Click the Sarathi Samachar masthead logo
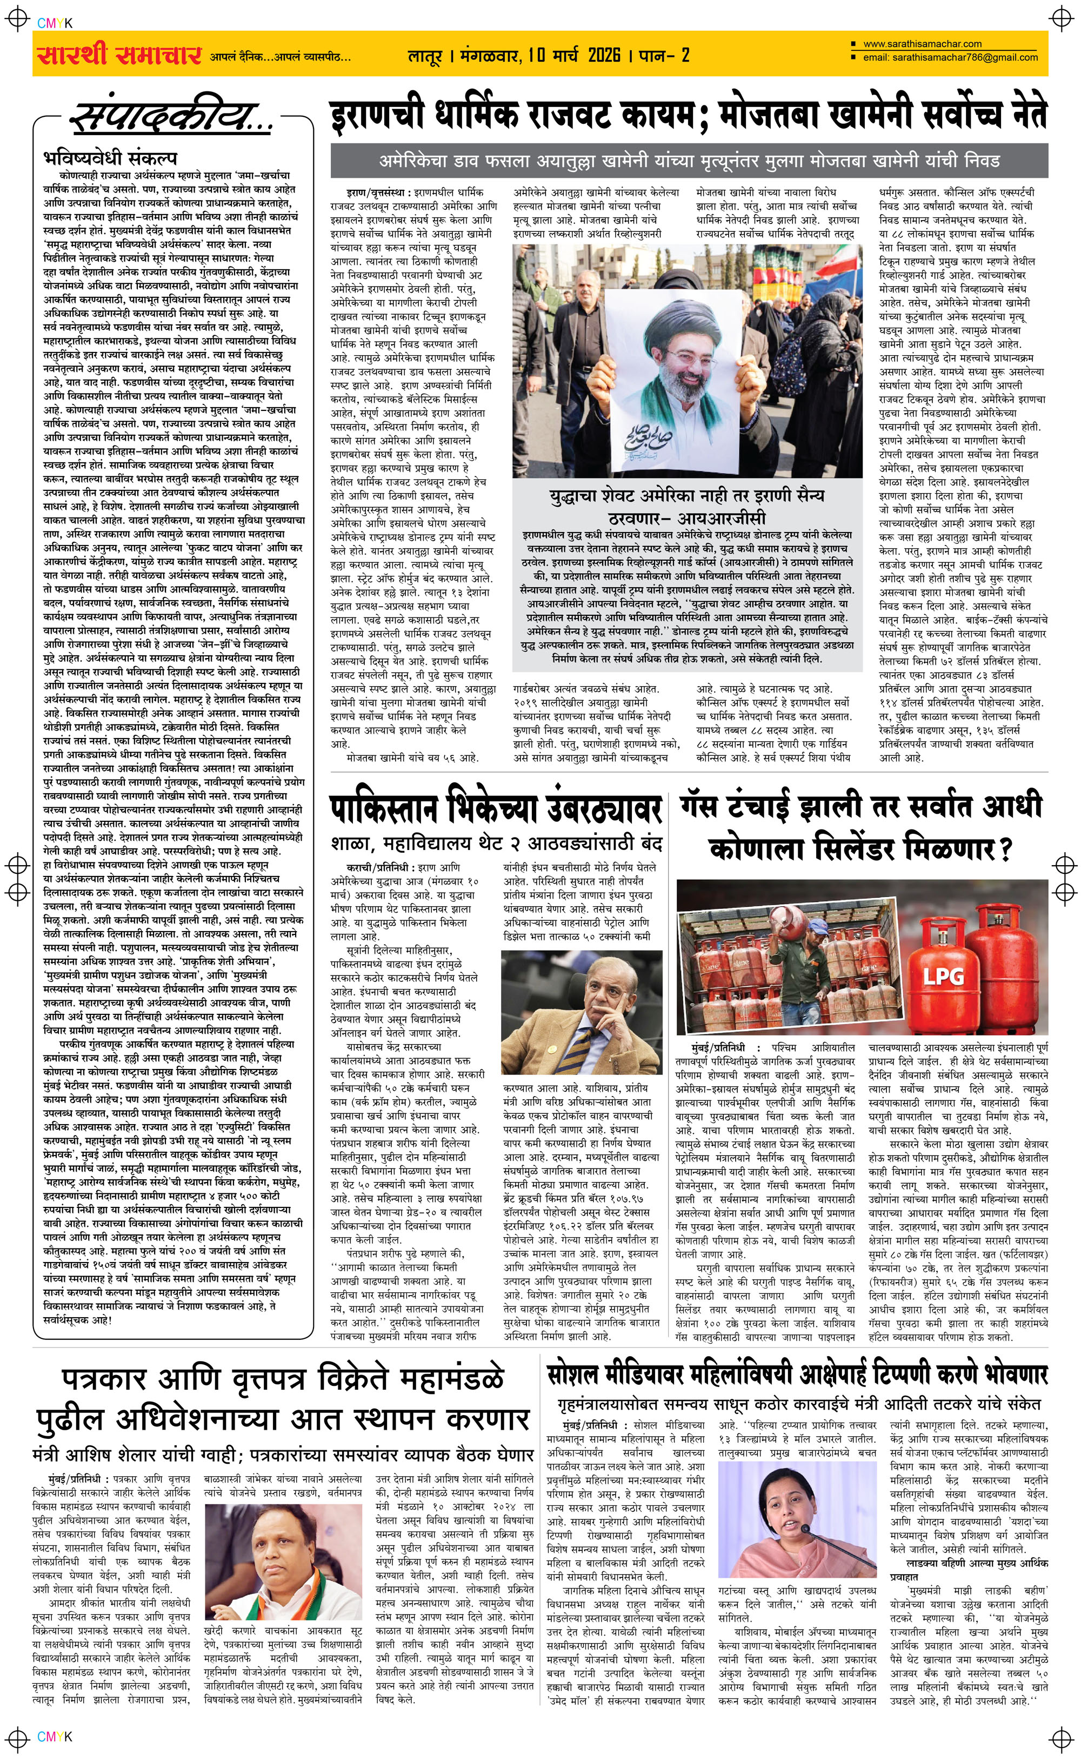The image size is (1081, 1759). coord(117,54)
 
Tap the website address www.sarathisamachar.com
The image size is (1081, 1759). coord(922,44)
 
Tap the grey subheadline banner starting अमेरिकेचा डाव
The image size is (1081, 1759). coord(689,161)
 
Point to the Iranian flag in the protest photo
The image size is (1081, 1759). coord(840,268)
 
